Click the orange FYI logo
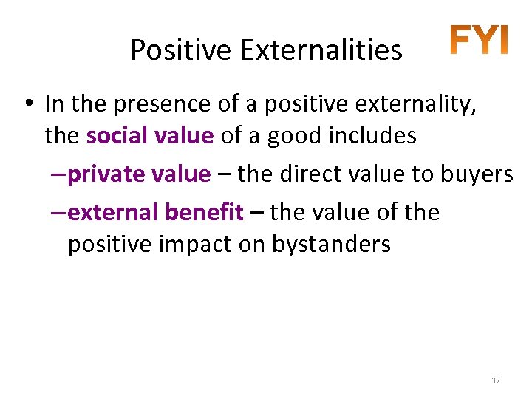coord(480,41)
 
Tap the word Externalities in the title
coord(320,50)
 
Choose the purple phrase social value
coord(150,136)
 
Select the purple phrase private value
coord(139,174)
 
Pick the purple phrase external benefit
coord(155,213)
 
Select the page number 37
coord(496,380)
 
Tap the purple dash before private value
coord(59,174)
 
